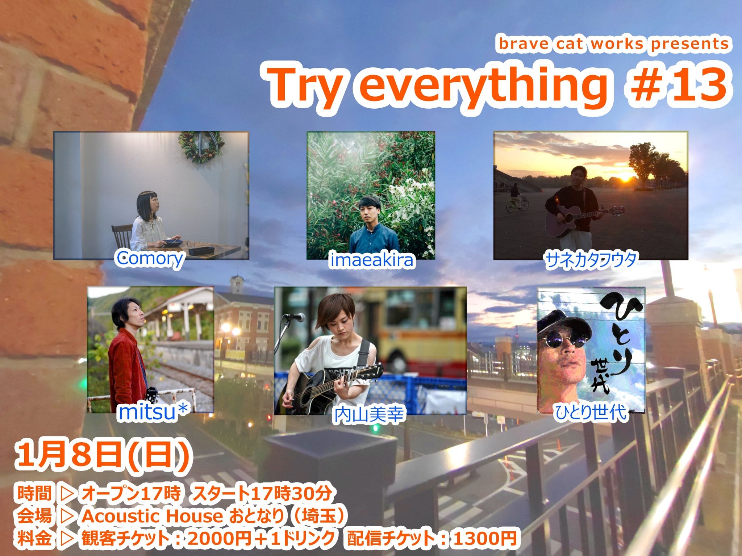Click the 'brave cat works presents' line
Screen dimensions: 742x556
point(614,44)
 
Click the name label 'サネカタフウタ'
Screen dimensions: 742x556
point(591,259)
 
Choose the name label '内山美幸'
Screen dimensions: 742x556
point(369,414)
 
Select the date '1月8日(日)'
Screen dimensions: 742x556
point(101,458)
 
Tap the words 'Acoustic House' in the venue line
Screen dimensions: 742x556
point(152,516)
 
